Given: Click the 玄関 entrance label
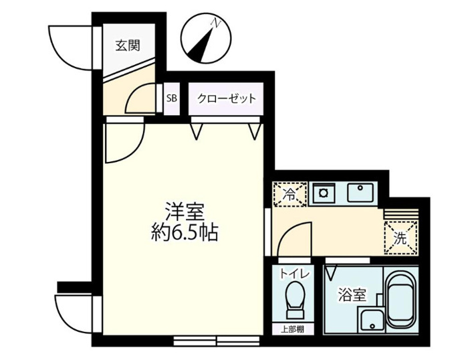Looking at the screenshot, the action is tap(128, 46).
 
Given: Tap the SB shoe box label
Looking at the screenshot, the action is tap(172, 98).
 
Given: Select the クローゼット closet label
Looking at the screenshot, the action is tap(227, 98).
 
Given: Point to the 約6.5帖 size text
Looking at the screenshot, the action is tap(185, 232).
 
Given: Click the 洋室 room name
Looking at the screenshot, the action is tap(185, 212).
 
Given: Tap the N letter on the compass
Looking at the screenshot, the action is tap(215, 23).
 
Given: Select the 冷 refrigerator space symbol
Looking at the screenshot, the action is tap(289, 195).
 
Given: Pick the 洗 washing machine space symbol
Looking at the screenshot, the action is tap(401, 238).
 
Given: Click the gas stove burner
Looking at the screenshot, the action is tap(323, 193).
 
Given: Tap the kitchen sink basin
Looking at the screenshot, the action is tap(360, 193).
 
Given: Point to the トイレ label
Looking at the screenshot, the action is tap(295, 274).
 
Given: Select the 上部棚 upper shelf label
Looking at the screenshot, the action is tap(293, 329).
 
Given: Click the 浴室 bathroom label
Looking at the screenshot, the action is tap(352, 296).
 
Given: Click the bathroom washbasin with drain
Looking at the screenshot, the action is tap(372, 320).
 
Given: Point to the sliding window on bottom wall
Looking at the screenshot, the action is tap(217, 341).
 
